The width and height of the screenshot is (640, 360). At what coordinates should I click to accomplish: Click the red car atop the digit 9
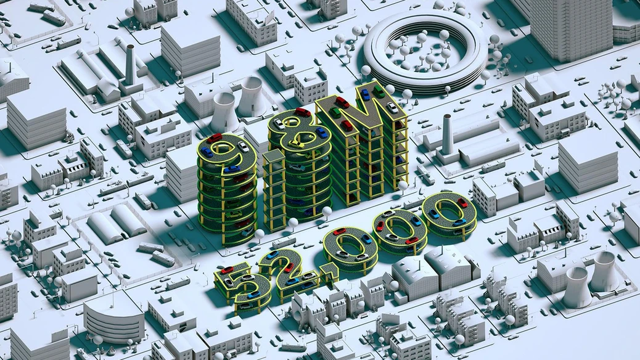click(215, 138)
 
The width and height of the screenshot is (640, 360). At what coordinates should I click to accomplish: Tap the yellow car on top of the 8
click(297, 144)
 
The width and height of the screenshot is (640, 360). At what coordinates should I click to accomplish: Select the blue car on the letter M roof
click(365, 95)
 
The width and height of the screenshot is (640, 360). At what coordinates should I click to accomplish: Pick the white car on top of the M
click(392, 108)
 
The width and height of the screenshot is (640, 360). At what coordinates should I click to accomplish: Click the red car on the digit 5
click(227, 270)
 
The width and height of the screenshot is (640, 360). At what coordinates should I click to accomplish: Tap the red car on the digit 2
click(289, 268)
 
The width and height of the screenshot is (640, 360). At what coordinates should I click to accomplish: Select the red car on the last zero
click(462, 202)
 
